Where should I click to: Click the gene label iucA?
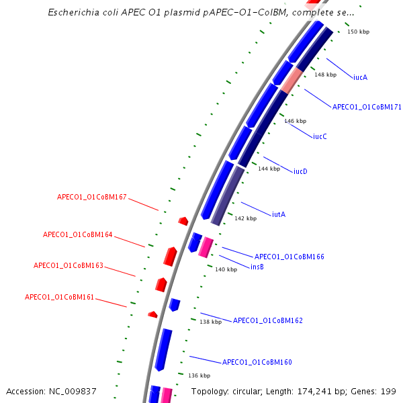coord(360,77)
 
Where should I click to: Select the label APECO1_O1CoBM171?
coord(367,107)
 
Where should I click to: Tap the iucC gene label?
coord(320,136)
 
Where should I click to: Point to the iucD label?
coord(300,171)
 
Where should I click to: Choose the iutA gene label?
coord(279,214)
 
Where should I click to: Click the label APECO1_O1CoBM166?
coord(289,257)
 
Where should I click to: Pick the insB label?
coord(257,267)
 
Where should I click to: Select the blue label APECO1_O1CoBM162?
coord(267,320)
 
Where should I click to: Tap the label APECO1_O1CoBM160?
coord(257,362)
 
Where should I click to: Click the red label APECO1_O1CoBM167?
coord(92,197)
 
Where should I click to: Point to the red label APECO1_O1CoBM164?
coord(78,235)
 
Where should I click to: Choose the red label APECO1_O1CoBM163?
coord(69,265)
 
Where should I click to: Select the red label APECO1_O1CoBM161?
coord(60,297)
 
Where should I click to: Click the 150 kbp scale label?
coord(358,32)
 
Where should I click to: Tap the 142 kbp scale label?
coord(245,218)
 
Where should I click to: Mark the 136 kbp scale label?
coord(199,375)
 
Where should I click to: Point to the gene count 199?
coord(388,391)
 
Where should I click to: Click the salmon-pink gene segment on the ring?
coord(292,81)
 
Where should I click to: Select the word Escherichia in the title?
coord(75,12)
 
